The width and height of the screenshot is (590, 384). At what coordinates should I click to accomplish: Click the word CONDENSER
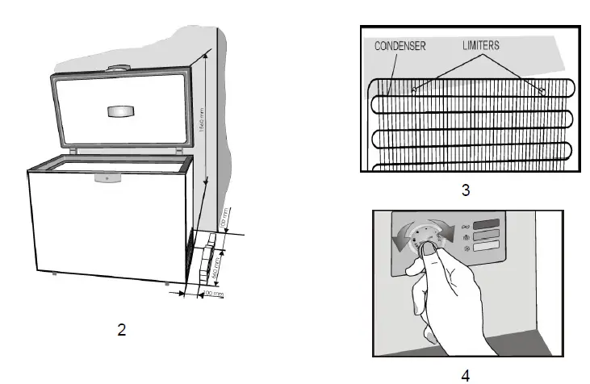[x=400, y=46]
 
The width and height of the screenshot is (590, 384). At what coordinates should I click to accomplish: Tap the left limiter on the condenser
[x=413, y=90]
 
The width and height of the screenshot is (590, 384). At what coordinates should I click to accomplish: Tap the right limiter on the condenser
[x=542, y=90]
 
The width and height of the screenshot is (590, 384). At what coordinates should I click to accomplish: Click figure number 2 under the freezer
[x=121, y=329]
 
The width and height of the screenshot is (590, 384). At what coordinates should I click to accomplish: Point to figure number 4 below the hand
[x=465, y=374]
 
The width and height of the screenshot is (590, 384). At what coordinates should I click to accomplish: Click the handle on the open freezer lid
[x=121, y=111]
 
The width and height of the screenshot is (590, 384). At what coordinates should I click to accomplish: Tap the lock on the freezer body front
[x=100, y=177]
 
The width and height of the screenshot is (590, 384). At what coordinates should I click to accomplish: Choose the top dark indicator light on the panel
[x=486, y=224]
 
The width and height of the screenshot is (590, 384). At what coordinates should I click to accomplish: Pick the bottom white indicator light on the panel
[x=486, y=250]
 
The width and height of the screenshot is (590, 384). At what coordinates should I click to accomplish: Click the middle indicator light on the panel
[x=486, y=237]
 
